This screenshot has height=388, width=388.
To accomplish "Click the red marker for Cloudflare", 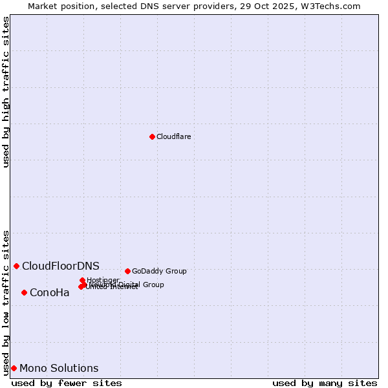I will (152, 136).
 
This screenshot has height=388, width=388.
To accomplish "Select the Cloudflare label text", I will (173, 136).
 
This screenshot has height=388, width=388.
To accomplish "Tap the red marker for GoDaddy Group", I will (127, 271).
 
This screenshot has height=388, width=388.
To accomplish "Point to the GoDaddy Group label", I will (159, 271).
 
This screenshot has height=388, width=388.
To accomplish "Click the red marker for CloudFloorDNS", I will (16, 266).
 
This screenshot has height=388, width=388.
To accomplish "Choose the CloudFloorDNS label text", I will (61, 266).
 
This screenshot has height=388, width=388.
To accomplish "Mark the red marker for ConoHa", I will (24, 292).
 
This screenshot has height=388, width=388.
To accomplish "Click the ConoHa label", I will (50, 292).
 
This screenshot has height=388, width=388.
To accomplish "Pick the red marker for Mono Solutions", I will (14, 368).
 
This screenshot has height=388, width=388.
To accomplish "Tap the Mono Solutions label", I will (59, 368).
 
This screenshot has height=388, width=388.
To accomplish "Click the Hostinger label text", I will (103, 280).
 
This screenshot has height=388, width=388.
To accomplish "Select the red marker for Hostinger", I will (82, 280).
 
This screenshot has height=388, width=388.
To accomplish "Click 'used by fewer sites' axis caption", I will (67, 383).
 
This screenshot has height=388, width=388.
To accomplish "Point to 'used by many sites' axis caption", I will (325, 383).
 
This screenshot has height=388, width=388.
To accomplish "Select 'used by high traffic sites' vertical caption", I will (6, 92).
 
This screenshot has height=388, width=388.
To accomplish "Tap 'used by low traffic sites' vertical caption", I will (6, 303).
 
